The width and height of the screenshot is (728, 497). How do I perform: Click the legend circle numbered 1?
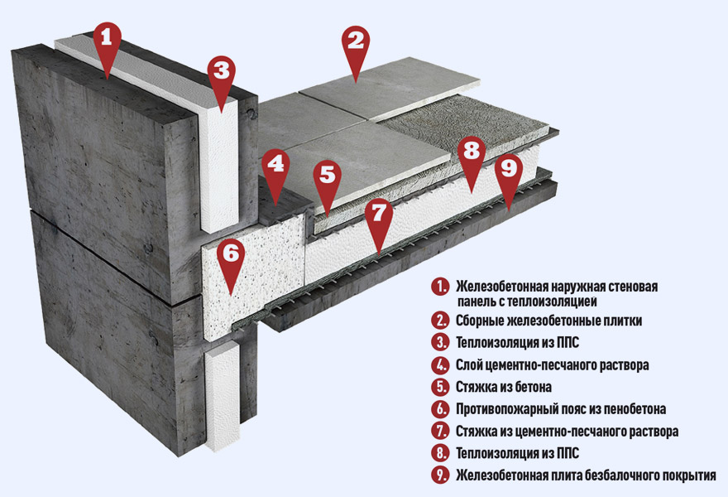(x=439, y=287)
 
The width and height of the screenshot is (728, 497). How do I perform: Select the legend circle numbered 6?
(x=439, y=409)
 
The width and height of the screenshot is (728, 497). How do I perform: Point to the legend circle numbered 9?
(x=439, y=475)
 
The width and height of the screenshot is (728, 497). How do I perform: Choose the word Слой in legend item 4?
(x=468, y=365)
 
